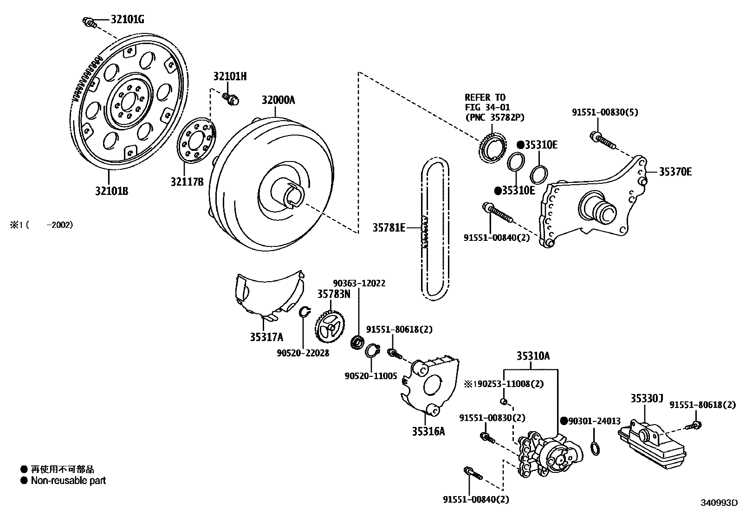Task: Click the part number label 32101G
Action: [x=127, y=19]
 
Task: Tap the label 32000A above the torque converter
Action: [x=278, y=100]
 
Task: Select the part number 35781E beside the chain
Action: [x=389, y=227]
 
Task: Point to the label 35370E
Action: [x=675, y=172]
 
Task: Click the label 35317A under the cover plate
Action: [x=266, y=337]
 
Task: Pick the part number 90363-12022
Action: [x=359, y=283]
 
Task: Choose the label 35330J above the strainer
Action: [x=647, y=398]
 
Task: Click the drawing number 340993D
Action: [x=719, y=503]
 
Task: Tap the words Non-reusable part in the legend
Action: [x=68, y=481]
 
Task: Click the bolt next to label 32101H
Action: [x=230, y=98]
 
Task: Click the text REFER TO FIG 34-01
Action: [x=485, y=102]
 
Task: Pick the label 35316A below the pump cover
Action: [x=428, y=432]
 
